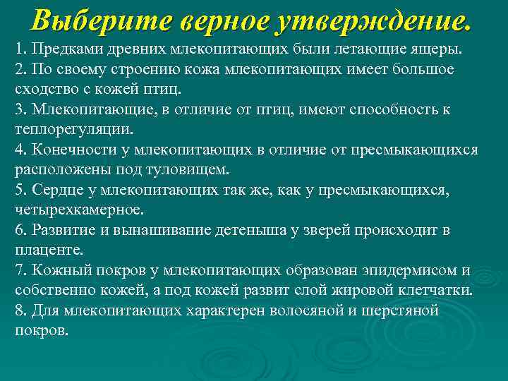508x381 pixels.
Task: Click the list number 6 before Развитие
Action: pyautogui.click(x=20, y=230)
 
